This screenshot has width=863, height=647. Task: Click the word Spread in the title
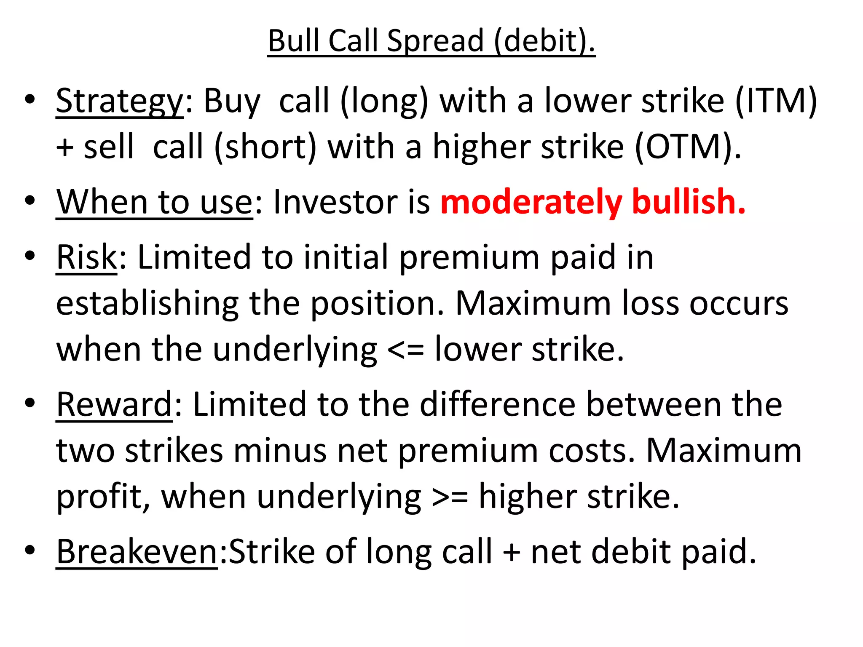pos(435,41)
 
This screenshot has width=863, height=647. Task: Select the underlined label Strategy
pos(120,102)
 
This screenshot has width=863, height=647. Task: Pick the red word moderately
pos(531,202)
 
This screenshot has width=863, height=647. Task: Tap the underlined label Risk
pos(87,257)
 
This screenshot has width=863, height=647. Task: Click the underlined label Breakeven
pos(137,552)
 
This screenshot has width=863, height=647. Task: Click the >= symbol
pos(450,497)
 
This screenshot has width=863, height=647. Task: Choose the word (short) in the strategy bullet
pos(265,147)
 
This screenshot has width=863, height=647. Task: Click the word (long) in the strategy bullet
pos(384,102)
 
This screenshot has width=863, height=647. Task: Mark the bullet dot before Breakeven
pos(29,550)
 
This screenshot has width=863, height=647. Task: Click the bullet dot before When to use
pos(29,200)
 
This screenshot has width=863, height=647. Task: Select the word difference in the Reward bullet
pos(498,404)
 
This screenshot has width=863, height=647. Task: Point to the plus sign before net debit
pos(512,552)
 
